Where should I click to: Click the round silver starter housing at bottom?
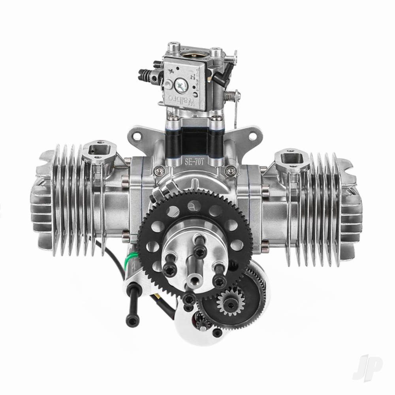coord(190,340)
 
